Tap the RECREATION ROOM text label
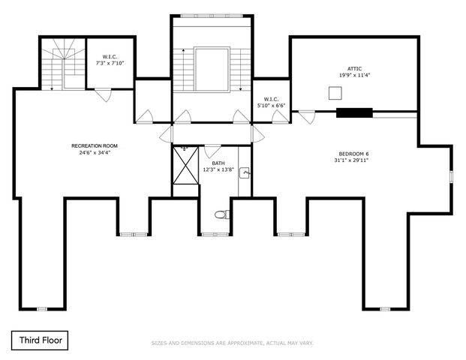95,145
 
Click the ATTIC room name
354,69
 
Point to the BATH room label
218,163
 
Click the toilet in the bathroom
221,215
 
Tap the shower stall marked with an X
185,164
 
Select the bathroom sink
245,173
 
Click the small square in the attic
335,93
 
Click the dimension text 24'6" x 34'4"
95,152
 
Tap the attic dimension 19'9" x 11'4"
354,76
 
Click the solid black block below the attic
354,114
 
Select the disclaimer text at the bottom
233,343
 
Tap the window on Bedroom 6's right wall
451,176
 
